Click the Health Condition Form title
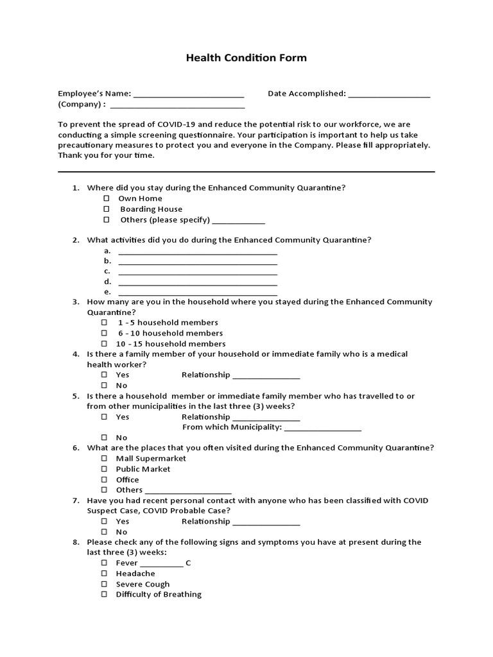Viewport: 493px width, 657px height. click(x=246, y=58)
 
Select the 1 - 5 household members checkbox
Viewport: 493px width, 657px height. click(x=104, y=323)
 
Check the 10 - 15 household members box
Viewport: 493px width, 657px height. click(x=104, y=344)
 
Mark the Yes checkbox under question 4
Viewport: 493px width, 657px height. click(x=104, y=375)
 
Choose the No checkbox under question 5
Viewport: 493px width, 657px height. click(x=104, y=438)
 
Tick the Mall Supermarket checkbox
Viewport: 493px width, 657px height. click(x=104, y=459)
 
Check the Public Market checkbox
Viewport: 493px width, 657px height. click(x=104, y=469)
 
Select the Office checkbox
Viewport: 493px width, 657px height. click(x=104, y=480)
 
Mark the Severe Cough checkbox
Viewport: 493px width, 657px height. click(x=104, y=584)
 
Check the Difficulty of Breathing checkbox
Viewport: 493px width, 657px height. click(x=104, y=595)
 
